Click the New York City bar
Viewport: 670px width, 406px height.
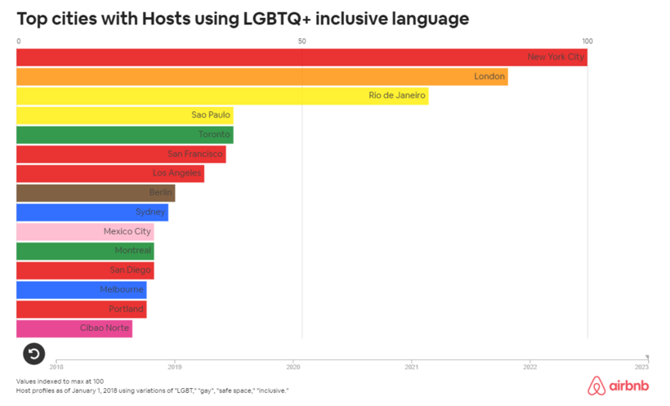tap(301, 57)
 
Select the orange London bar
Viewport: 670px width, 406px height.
tap(261, 77)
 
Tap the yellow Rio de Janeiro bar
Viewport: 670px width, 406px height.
tap(222, 96)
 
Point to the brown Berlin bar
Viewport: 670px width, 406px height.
tap(96, 193)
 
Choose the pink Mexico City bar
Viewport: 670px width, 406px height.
tap(85, 232)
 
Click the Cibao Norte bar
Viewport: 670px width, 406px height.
tap(74, 328)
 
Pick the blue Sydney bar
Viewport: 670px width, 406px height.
tap(92, 212)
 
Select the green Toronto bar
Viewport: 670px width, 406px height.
tap(124, 135)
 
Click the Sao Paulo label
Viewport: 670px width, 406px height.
tap(211, 115)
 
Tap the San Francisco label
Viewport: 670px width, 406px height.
tap(195, 154)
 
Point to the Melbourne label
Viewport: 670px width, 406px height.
tap(122, 290)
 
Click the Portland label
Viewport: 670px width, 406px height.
tap(127, 310)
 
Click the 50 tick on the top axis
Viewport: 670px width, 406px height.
tap(302, 41)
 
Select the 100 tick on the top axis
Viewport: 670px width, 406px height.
tap(587, 41)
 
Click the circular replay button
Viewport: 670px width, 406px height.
tap(33, 354)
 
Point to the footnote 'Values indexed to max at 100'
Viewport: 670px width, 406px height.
tap(60, 381)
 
